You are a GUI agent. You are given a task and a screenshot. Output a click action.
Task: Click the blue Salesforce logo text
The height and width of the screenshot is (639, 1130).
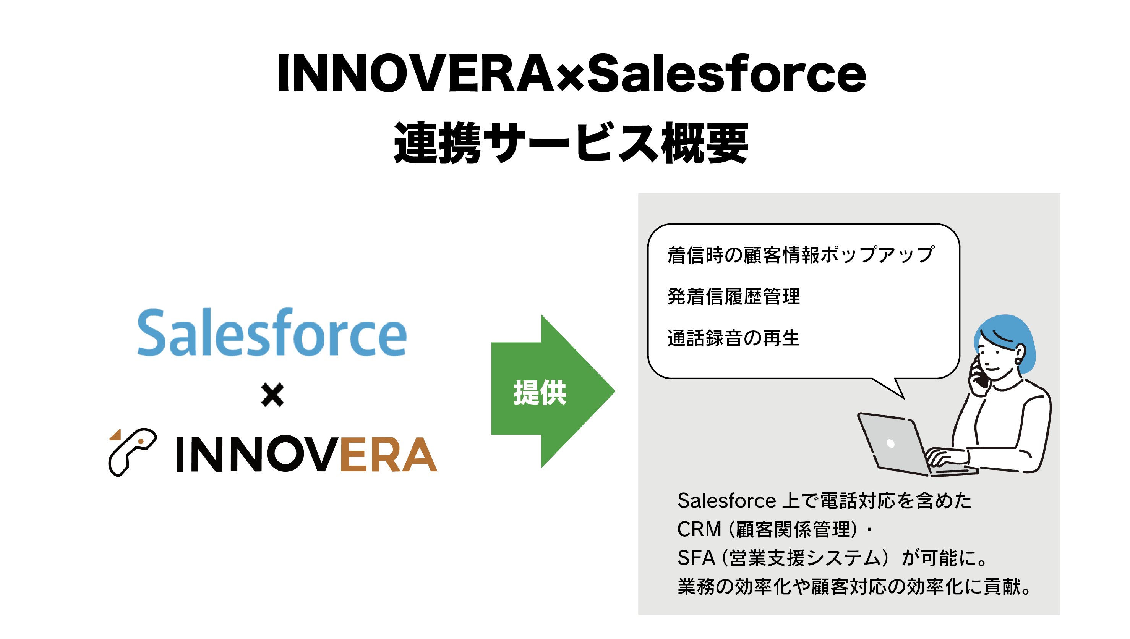pyautogui.click(x=272, y=332)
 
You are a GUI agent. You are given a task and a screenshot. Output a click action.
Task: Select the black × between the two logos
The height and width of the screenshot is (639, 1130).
pyautogui.click(x=272, y=395)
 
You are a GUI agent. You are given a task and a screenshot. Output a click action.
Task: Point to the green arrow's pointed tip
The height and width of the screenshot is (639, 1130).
pyautogui.click(x=615, y=391)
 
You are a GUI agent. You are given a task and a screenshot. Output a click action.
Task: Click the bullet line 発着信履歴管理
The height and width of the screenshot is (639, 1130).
pyautogui.click(x=734, y=296)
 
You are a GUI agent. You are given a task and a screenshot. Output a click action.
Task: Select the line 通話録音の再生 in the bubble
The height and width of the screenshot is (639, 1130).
pyautogui.click(x=734, y=338)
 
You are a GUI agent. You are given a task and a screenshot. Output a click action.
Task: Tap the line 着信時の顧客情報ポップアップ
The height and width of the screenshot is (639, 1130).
pyautogui.click(x=801, y=254)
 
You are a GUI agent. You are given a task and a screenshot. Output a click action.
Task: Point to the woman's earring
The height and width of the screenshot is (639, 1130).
pyautogui.click(x=1018, y=361)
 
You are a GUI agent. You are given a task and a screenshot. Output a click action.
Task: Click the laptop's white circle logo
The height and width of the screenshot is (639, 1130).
pyautogui.click(x=890, y=443)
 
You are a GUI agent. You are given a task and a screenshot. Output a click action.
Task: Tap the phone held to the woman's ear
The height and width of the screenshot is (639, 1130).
pyautogui.click(x=979, y=373)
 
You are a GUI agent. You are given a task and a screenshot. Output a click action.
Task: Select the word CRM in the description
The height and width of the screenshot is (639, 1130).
pyautogui.click(x=699, y=529)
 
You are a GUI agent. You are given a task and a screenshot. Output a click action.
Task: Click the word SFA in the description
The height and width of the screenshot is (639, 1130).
pyautogui.click(x=696, y=558)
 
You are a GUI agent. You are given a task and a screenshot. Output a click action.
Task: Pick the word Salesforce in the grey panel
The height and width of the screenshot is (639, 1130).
pyautogui.click(x=727, y=501)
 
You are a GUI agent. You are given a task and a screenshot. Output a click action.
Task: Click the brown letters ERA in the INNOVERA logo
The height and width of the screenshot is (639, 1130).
pyautogui.click(x=389, y=454)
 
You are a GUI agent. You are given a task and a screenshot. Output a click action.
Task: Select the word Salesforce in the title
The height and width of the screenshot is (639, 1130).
pyautogui.click(x=726, y=73)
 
